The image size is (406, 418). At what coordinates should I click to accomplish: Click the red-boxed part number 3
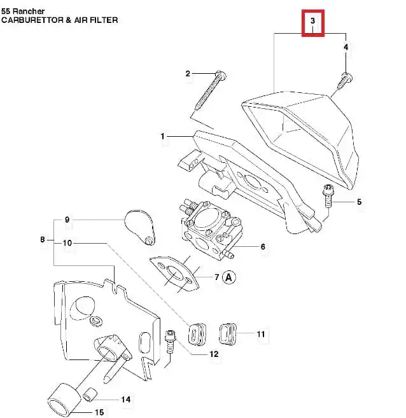pos(313,23)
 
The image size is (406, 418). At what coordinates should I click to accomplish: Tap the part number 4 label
pos(346,48)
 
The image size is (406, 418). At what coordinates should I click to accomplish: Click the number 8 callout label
pos(43,240)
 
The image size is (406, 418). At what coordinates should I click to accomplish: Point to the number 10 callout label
pos(67,243)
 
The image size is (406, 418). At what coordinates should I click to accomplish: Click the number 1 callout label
pos(163,136)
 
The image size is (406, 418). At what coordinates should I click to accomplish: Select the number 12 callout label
pos(213,354)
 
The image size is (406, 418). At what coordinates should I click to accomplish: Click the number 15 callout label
pos(99,412)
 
